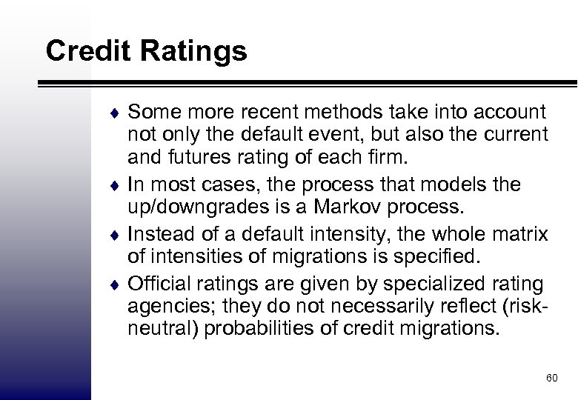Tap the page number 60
[551, 379]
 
